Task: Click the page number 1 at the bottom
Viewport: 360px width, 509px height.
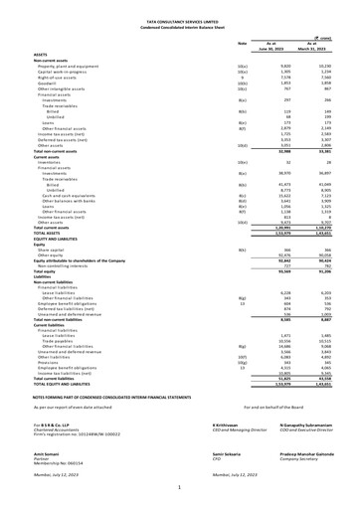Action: click(x=179, y=487)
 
